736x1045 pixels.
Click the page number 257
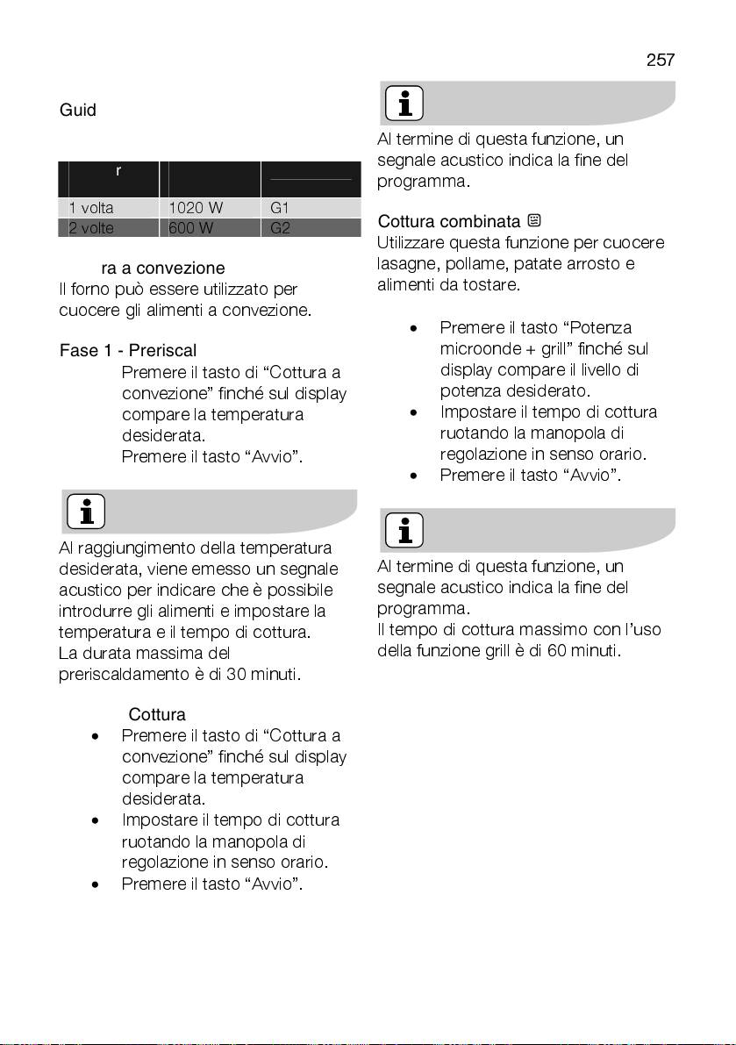pyautogui.click(x=660, y=60)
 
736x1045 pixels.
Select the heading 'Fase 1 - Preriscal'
pyautogui.click(x=128, y=351)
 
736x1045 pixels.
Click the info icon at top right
pyautogui.click(x=404, y=104)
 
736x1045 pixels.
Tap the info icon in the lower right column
pyautogui.click(x=404, y=530)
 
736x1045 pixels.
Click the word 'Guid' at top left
pyautogui.click(x=77, y=111)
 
